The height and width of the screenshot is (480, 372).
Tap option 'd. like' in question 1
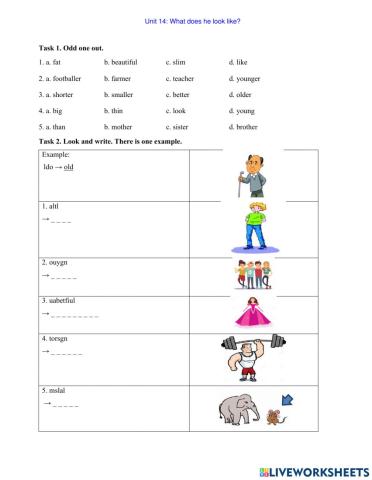click(x=240, y=62)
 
